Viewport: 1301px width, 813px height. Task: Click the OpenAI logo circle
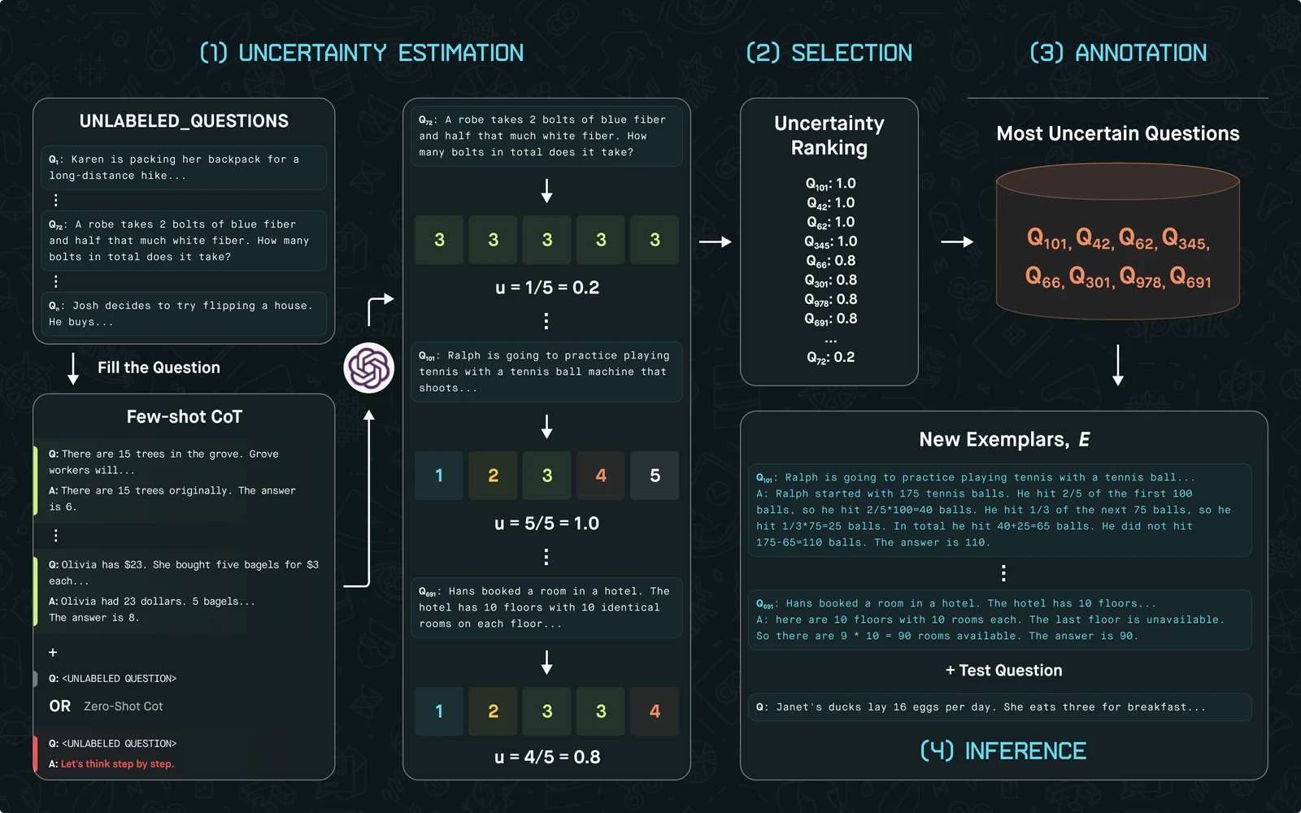point(369,368)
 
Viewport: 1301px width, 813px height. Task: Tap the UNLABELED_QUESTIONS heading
point(184,121)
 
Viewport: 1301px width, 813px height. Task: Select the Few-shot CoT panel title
point(184,416)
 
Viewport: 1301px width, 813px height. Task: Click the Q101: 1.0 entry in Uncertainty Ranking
point(830,184)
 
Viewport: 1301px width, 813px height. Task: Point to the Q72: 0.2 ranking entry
point(830,357)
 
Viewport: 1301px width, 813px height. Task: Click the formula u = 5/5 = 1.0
point(546,524)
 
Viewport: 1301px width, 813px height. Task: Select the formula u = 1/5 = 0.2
point(547,288)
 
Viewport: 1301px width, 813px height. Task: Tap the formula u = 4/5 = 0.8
point(547,757)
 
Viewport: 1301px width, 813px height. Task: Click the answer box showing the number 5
point(655,476)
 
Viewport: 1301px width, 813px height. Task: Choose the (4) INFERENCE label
point(1003,751)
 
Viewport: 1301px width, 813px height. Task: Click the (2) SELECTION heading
point(829,53)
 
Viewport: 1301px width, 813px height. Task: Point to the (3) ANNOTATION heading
point(1118,53)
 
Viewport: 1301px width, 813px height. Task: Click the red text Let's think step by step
point(117,763)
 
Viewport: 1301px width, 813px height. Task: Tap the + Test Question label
point(1003,670)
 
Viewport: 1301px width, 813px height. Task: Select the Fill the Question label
point(159,367)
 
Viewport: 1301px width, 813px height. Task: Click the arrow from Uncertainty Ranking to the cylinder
point(956,241)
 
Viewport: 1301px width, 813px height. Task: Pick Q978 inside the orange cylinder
point(1142,277)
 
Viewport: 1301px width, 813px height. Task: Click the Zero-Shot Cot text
point(123,706)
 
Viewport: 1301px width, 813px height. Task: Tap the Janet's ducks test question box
point(999,706)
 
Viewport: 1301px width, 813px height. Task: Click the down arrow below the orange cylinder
point(1117,365)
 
